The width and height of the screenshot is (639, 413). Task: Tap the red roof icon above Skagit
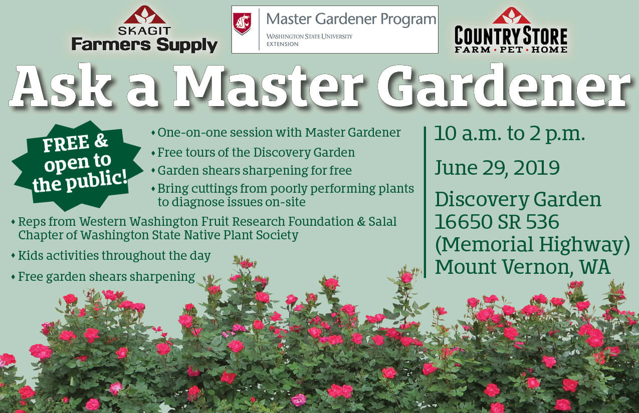(145, 15)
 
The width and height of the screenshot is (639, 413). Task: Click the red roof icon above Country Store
(511, 16)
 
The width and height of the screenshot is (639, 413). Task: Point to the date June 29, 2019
(497, 168)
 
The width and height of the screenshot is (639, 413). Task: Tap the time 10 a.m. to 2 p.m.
(510, 134)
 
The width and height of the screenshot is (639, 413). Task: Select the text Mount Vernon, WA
(522, 267)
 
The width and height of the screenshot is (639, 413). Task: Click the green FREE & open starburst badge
(77, 166)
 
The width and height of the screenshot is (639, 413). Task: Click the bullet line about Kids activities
(111, 255)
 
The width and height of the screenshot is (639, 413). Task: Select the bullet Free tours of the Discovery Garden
(253, 153)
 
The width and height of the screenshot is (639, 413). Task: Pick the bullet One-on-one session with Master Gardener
(276, 133)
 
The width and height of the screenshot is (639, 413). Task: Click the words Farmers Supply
(144, 45)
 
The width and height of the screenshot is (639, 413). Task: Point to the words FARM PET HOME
(511, 50)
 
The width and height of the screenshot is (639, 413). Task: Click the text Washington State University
(309, 37)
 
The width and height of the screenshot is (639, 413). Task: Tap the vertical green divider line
(425, 202)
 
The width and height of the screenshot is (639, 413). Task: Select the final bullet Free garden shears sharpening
(103, 277)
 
